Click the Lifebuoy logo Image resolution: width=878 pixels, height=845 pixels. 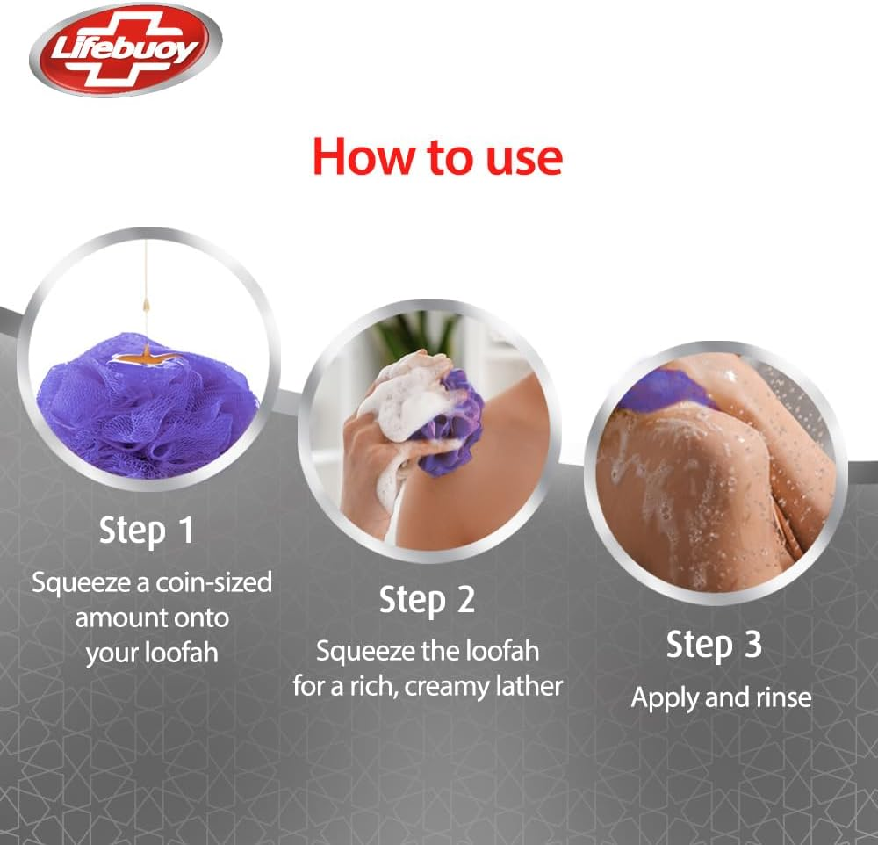pos(125,50)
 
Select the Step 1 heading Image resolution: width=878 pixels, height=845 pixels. pos(146,531)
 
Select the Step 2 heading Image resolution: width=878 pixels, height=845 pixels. pos(427,600)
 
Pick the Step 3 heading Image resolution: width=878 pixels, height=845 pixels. pos(713,645)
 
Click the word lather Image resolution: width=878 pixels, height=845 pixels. pos(529,686)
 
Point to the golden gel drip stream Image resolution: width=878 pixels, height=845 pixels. pos(147,290)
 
